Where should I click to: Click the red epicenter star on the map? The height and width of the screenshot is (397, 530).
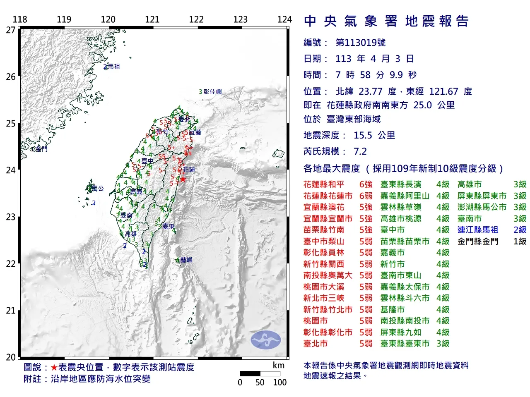tap(183, 179)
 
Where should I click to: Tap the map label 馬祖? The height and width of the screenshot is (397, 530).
tap(113, 66)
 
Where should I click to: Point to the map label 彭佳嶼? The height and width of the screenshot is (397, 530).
tap(212, 91)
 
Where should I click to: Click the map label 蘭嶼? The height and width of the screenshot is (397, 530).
tap(186, 260)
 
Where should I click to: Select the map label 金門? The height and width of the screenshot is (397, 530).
tap(41, 149)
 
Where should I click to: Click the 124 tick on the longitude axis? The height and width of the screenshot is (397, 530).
tap(284, 19)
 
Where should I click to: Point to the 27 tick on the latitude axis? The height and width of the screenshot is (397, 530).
tap(10, 30)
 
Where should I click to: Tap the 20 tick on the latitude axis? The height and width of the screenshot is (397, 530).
tap(10, 357)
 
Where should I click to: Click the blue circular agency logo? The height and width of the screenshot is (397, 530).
tap(265, 340)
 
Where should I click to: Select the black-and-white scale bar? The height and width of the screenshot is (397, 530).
tap(260, 373)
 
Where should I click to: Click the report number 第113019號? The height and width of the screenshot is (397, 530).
tap(360, 43)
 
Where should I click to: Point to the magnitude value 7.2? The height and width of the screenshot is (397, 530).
tap(360, 151)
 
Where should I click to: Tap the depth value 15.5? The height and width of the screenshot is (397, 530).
tap(363, 135)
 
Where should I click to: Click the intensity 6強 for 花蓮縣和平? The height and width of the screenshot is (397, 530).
tap(366, 184)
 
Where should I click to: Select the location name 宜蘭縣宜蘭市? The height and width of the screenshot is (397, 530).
tap(328, 218)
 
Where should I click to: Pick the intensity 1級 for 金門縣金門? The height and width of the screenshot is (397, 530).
tap(520, 241)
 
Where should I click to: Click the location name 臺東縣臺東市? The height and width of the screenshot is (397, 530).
tap(405, 343)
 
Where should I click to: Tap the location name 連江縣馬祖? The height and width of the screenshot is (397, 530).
tap(477, 230)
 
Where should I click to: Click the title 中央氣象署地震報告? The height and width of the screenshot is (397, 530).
tap(386, 21)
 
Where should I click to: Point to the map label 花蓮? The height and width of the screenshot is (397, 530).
tap(189, 169)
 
